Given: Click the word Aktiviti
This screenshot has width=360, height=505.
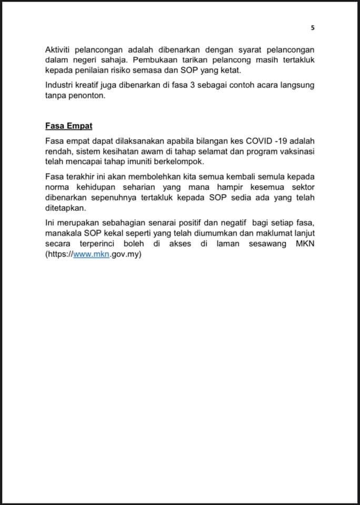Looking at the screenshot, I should [x=59, y=51].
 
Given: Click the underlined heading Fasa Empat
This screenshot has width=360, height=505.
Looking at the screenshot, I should [x=69, y=126].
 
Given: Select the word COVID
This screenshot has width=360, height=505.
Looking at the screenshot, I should [x=263, y=142].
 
